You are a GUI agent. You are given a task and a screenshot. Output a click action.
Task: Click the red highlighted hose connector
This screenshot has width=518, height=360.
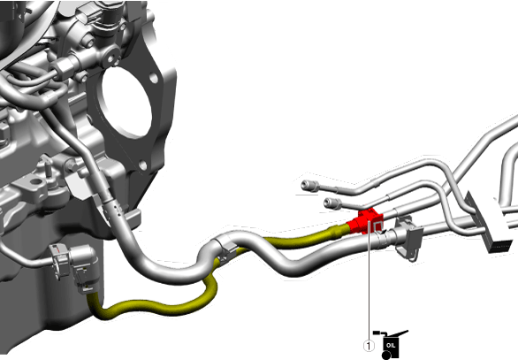coord(366,221)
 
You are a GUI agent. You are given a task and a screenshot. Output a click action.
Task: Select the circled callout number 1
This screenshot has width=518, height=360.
coord(369,346)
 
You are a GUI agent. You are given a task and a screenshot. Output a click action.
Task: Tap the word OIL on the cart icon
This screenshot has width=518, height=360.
coord(391,346)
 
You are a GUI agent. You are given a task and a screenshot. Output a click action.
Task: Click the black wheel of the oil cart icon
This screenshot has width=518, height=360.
coord(386,356)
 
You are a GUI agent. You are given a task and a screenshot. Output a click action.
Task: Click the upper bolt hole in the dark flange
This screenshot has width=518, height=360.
coord(153,78)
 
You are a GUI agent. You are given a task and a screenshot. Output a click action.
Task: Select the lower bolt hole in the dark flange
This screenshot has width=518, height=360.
coord(142,165)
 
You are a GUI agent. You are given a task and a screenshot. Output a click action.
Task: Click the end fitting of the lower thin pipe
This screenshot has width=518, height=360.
coord(333,203)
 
